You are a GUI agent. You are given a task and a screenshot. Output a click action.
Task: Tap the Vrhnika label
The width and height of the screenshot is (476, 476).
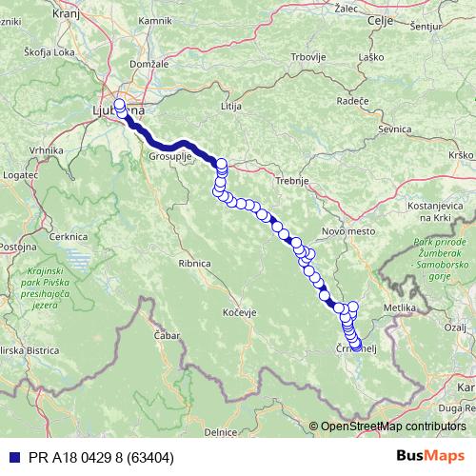46,150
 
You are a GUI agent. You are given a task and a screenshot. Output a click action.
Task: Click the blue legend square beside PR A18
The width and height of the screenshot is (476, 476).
9,458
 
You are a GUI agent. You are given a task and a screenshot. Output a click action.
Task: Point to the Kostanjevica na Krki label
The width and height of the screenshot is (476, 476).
440,210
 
